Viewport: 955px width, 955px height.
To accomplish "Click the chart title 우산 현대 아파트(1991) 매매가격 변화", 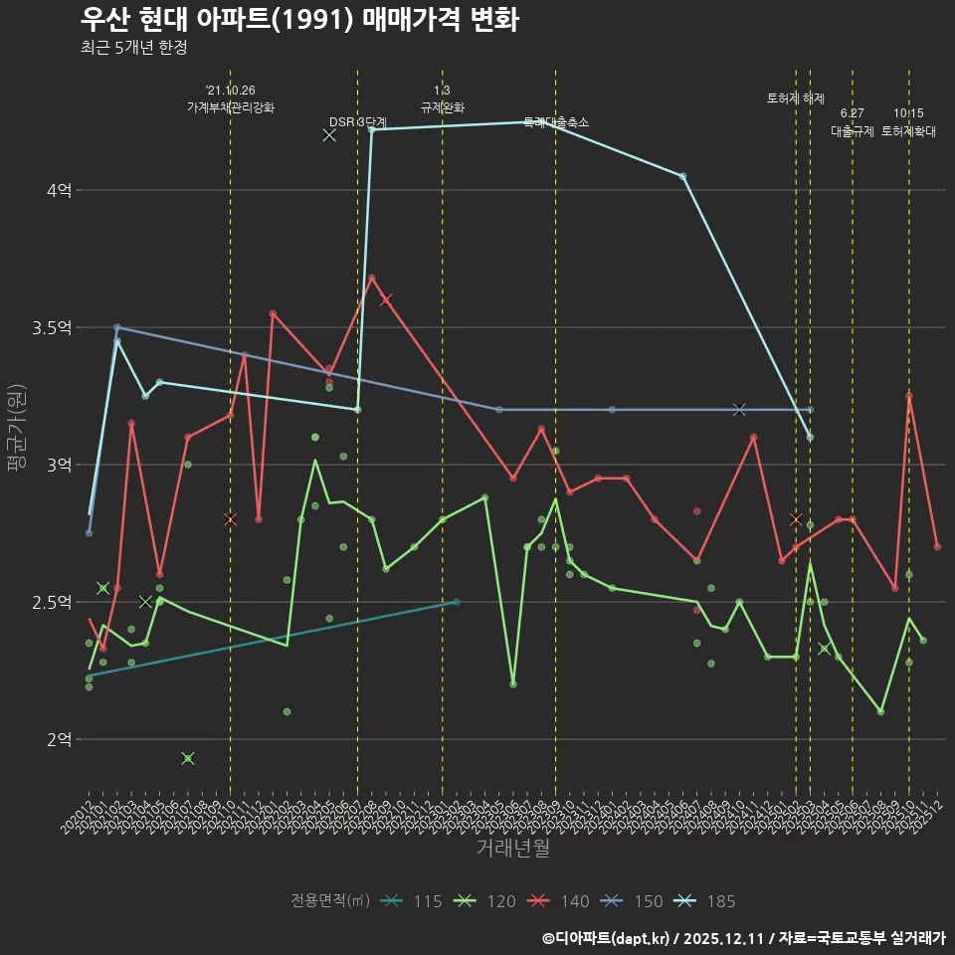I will [298, 20].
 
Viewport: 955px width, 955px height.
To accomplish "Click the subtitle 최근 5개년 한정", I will [133, 48].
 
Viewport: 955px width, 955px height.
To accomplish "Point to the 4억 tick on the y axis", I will [59, 190].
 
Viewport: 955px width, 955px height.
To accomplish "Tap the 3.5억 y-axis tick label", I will [53, 327].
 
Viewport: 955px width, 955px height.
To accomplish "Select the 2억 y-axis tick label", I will [59, 739].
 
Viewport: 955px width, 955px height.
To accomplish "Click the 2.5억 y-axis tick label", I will [53, 602].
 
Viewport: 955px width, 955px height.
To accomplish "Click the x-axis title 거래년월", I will [512, 849].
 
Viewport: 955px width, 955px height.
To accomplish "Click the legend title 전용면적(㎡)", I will [330, 901].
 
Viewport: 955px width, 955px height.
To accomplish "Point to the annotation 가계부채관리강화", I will [230, 107].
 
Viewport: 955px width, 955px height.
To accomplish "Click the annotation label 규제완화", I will [443, 107].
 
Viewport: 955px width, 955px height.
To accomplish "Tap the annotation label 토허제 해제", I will [796, 98].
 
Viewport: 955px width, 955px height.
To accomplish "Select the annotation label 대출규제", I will [853, 131].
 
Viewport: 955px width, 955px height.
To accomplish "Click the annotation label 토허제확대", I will [908, 131].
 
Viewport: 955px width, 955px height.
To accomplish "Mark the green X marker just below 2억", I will [187, 758].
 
